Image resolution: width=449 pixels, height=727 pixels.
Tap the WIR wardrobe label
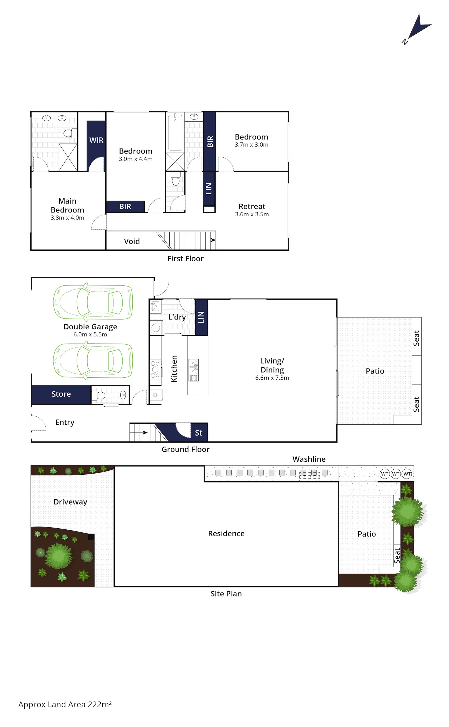[96, 140]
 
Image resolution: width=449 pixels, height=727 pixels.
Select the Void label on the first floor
[132, 241]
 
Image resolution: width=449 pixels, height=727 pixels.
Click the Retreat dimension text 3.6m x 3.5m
[252, 214]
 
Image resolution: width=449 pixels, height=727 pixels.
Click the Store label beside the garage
[61, 394]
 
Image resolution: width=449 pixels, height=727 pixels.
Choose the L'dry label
[177, 317]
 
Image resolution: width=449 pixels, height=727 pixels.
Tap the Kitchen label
[174, 369]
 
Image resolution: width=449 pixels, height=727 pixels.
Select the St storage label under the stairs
[198, 433]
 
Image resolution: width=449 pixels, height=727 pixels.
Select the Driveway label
[70, 502]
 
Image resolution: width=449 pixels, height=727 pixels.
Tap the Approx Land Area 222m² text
[65, 704]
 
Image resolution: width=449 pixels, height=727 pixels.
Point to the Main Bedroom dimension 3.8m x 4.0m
[67, 218]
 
